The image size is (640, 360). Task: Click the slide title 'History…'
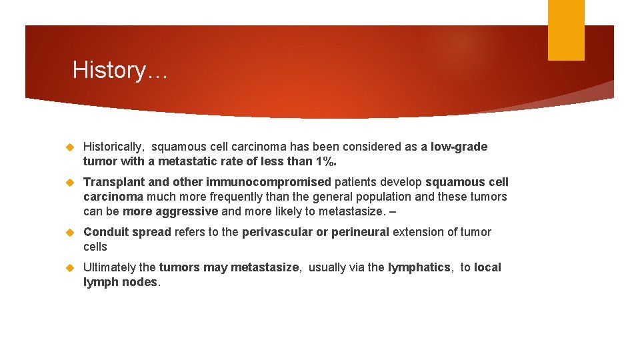pos(120,70)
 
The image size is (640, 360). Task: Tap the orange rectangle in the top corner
pos(566,30)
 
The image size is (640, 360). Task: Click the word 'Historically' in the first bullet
pos(113,147)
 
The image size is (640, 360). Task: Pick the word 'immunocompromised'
pos(269,182)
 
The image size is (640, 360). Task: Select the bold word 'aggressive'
pos(187,211)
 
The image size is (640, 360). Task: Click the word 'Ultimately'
pos(109,267)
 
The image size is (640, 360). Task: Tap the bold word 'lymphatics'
pos(419,267)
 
